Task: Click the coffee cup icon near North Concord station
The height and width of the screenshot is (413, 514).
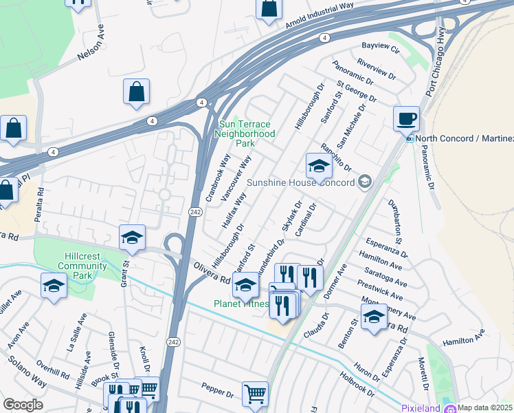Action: pyautogui.click(x=406, y=118)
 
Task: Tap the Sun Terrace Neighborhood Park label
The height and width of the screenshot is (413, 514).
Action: pyautogui.click(x=246, y=134)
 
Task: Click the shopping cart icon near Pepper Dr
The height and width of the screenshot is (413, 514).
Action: pyautogui.click(x=255, y=394)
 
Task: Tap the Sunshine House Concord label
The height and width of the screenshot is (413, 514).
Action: pyautogui.click(x=301, y=182)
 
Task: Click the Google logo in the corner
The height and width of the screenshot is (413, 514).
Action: pyautogui.click(x=23, y=405)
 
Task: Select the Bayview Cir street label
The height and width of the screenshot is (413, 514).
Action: pyautogui.click(x=380, y=47)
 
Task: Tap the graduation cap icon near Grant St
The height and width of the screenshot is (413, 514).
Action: pyautogui.click(x=132, y=238)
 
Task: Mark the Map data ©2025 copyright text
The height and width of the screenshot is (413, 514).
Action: pyautogui.click(x=485, y=407)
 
